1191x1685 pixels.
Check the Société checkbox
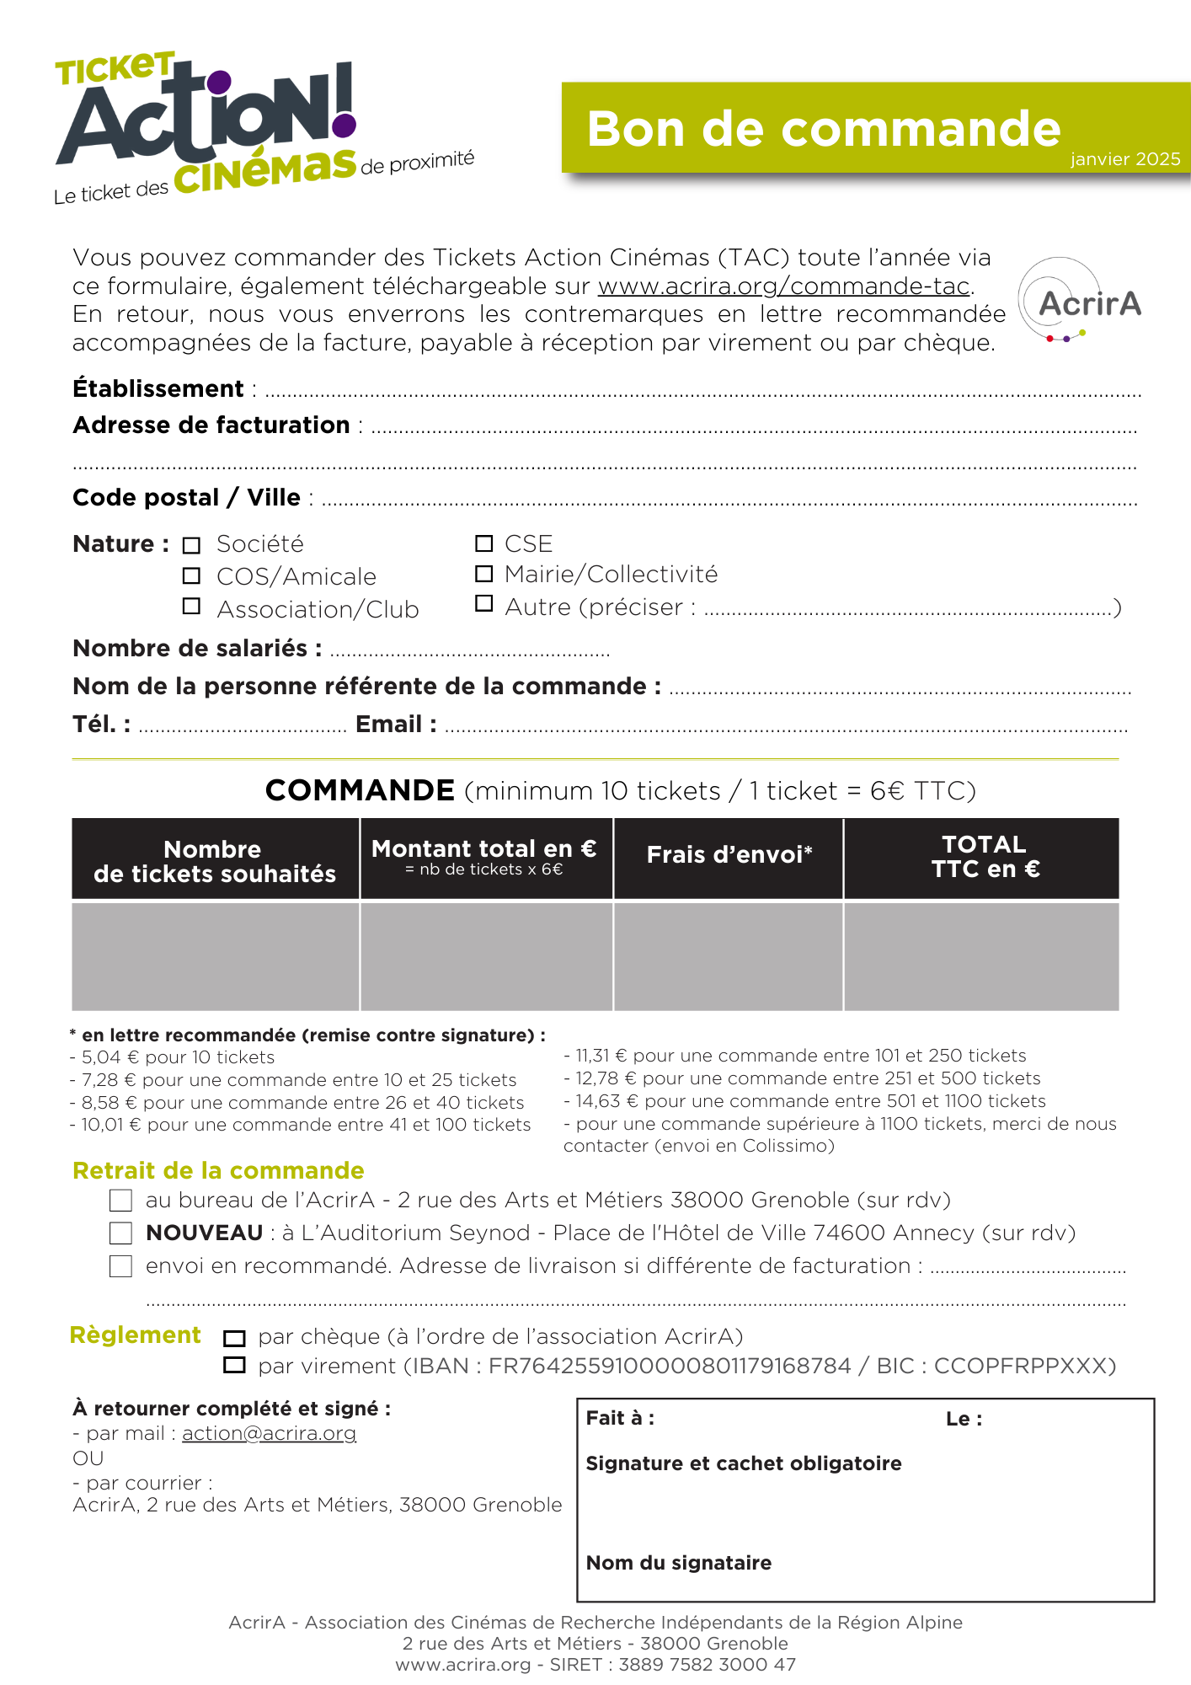coord(192,545)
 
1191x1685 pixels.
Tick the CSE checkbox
coord(483,543)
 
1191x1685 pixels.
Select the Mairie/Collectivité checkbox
coord(483,574)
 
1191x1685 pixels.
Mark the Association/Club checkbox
coord(192,607)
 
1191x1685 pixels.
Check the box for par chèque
coord(234,1338)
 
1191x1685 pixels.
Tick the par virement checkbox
coord(234,1366)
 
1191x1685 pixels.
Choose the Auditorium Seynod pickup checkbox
coord(121,1233)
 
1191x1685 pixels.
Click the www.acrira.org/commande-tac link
coord(783,286)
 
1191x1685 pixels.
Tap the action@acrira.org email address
coord(269,1433)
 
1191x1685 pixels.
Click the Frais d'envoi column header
coord(729,855)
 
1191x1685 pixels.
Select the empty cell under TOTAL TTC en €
coord(981,956)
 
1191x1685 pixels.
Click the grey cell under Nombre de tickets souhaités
coord(216,956)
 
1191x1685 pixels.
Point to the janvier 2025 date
coord(1124,159)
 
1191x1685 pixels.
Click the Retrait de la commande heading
coord(218,1170)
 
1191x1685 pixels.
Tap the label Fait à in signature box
coord(620,1418)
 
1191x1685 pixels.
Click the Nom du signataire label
coord(678,1563)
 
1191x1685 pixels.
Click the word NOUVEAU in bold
coord(204,1233)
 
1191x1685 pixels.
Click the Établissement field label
coord(158,388)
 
